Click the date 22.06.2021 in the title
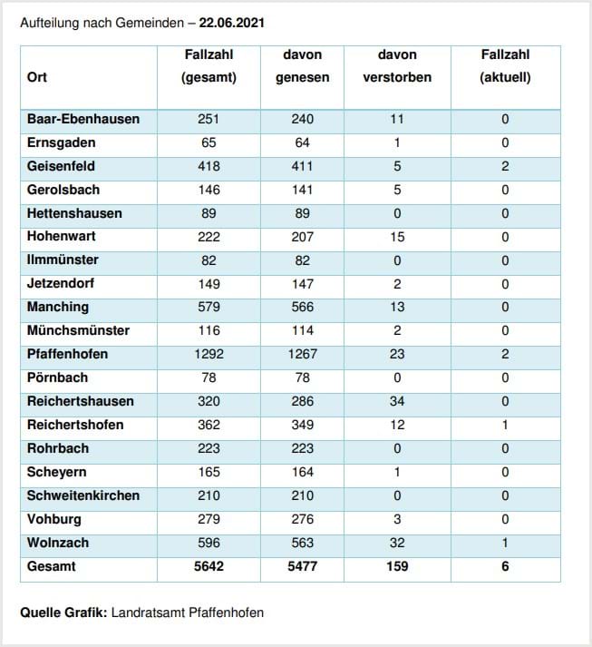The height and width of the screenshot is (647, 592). (232, 23)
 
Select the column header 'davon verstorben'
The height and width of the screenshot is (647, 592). (397, 66)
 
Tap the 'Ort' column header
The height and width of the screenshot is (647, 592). (36, 77)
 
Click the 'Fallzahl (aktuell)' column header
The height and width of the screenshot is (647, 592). (505, 66)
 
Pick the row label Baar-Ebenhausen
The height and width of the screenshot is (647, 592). (83, 119)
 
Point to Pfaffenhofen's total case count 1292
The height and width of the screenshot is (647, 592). (209, 354)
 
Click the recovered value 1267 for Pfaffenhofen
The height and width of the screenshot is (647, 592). (303, 354)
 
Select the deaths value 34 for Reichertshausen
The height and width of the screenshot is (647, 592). (397, 401)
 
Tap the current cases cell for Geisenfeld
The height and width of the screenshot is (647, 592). (505, 166)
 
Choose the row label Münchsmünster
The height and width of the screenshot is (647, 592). (78, 330)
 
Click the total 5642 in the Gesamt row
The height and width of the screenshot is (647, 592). (209, 566)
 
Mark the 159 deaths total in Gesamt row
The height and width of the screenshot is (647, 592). (397, 566)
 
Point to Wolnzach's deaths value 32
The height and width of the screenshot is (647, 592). (397, 543)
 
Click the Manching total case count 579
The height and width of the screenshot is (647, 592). (209, 307)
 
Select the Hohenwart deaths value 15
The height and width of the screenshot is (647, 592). (397, 237)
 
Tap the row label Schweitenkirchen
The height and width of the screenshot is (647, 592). (83, 495)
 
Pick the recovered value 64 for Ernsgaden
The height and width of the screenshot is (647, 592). (302, 142)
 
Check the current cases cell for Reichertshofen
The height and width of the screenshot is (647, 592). (505, 425)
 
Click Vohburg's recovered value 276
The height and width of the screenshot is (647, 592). (303, 519)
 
